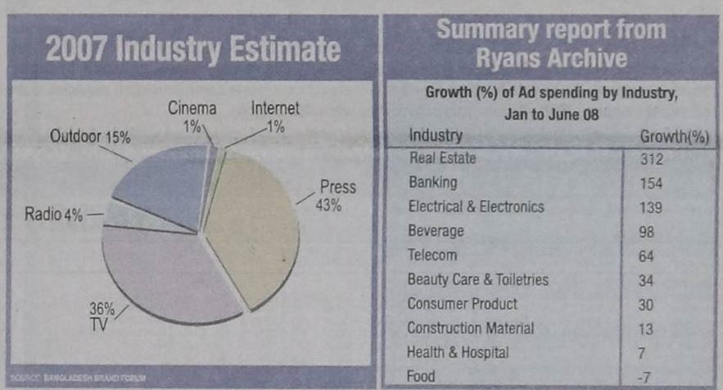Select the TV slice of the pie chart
(x=172, y=274)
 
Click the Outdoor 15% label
(x=90, y=136)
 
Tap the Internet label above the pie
(x=275, y=107)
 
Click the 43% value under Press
(x=328, y=205)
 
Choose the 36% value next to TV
(x=101, y=310)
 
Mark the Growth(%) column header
(x=673, y=135)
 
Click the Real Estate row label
(x=442, y=158)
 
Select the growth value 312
(x=651, y=159)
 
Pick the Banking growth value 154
(x=651, y=183)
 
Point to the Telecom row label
(x=432, y=255)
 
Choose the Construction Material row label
(x=471, y=328)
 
